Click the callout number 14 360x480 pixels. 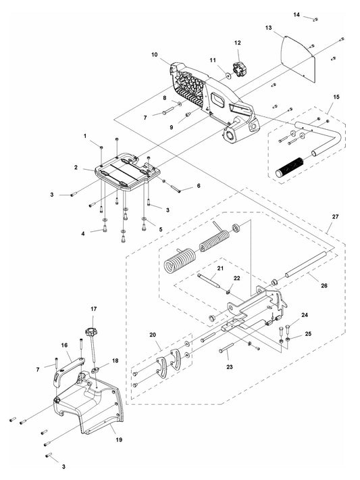[297, 14]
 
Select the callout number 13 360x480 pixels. [268, 28]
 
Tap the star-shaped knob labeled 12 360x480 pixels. [238, 69]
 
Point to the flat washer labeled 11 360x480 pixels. [228, 74]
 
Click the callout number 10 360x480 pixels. [155, 55]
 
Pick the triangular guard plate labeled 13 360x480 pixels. [299, 58]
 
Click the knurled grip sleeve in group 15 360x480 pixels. [289, 168]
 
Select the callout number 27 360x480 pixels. [336, 216]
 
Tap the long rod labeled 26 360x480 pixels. [306, 264]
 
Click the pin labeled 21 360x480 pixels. [209, 281]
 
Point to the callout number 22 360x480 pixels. [237, 278]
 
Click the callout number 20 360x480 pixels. [153, 335]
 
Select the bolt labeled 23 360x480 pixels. [226, 347]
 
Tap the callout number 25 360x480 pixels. [308, 333]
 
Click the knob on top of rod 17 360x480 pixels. [91, 331]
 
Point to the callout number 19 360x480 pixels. [119, 439]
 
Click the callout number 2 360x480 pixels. [76, 168]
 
